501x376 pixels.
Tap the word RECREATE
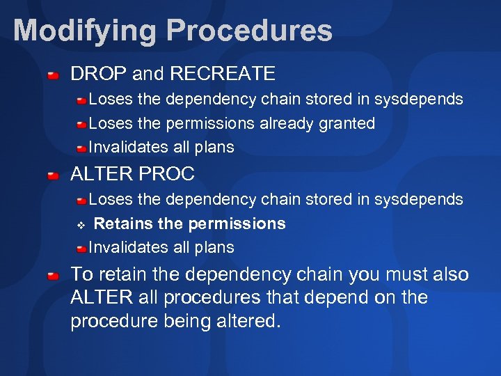pyautogui.click(x=223, y=73)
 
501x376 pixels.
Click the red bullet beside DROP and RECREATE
pyautogui.click(x=54, y=74)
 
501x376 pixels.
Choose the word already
pyautogui.click(x=285, y=124)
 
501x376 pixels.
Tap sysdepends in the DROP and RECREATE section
pyautogui.click(x=418, y=100)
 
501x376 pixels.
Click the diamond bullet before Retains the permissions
pyautogui.click(x=80, y=224)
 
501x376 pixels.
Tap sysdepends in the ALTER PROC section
pyautogui.click(x=418, y=200)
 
